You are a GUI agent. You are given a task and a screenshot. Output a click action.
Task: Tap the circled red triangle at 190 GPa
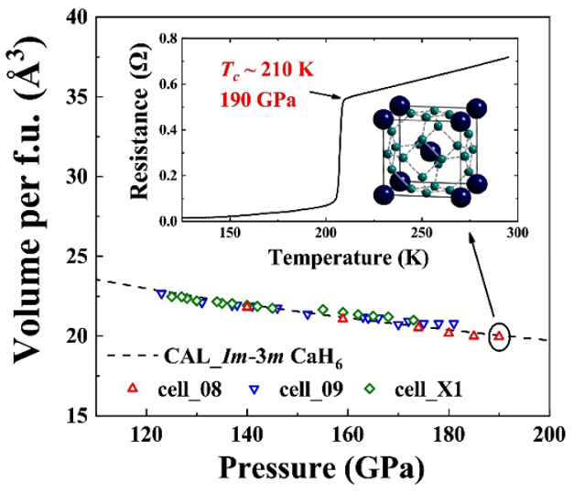tap(498, 336)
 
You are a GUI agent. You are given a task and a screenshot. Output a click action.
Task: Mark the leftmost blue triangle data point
tap(161, 294)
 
